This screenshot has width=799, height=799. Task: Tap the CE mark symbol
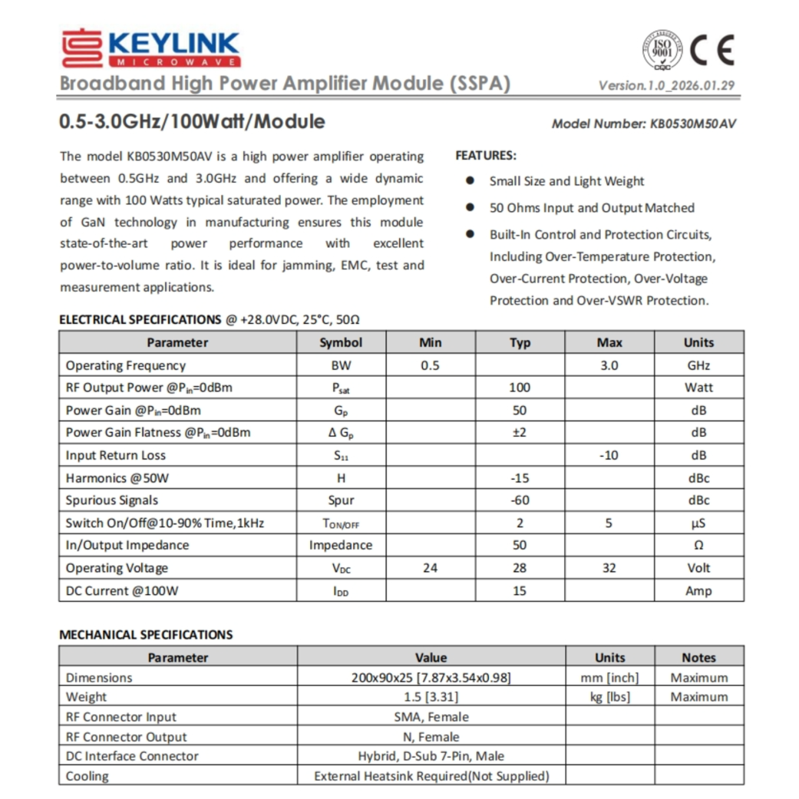[x=712, y=51]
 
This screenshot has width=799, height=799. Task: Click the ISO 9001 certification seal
[x=662, y=51]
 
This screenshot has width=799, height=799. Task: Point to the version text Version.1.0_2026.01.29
[x=666, y=85]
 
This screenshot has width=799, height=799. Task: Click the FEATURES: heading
[x=486, y=155]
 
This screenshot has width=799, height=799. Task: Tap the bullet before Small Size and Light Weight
[x=470, y=181]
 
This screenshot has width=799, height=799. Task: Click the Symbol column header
[x=341, y=342]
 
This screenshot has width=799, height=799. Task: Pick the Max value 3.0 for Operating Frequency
[x=609, y=365]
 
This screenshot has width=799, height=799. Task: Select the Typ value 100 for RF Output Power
[x=520, y=388]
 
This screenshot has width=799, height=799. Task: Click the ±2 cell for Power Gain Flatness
[x=520, y=432]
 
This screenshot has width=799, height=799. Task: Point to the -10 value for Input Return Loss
[x=609, y=455]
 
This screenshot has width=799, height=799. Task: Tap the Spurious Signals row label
[x=112, y=500]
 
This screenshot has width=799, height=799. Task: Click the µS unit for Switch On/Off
[x=698, y=523]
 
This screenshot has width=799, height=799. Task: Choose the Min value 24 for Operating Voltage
[x=430, y=568]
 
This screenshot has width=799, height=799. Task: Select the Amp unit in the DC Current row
[x=698, y=591]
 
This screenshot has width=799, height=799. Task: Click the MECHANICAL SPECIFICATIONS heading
[x=146, y=635]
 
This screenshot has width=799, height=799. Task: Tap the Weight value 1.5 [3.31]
[x=431, y=697]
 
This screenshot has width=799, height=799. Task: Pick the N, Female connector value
[x=431, y=737]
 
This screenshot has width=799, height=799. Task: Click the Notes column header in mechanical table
[x=698, y=658]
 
